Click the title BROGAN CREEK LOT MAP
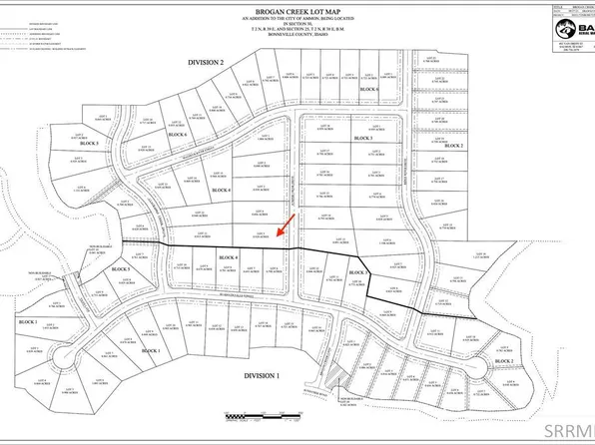(299, 8)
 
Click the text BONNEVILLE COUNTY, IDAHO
(299, 45)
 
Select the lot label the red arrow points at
(259, 235)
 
